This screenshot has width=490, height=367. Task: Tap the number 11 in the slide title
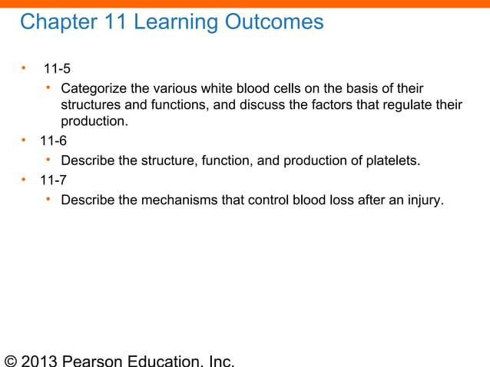(114, 22)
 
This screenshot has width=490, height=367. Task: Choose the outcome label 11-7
(53, 182)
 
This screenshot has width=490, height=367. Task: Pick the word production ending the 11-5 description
(95, 122)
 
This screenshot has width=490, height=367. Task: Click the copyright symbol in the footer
(12, 360)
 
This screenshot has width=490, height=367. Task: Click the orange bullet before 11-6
(24, 141)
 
